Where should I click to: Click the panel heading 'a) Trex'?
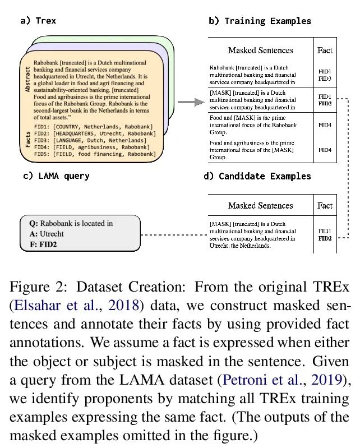38,21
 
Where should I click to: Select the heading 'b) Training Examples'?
260,21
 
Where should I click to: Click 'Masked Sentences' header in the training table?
260,50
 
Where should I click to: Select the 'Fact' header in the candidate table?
325,205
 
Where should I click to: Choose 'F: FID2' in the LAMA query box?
47,244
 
